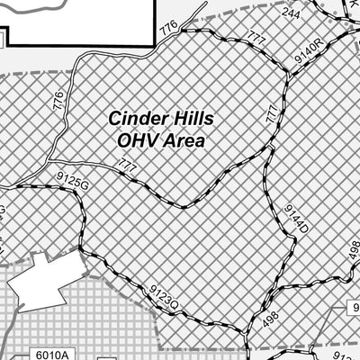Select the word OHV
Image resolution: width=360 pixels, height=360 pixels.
point(136,140)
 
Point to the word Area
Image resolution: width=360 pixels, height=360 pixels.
point(183,140)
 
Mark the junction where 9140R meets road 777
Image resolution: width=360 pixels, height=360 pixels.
point(287,77)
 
